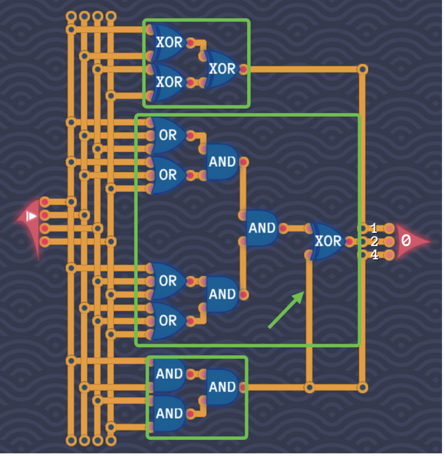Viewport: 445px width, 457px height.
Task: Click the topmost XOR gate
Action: pos(168,42)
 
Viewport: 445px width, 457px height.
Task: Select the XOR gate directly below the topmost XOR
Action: pos(168,81)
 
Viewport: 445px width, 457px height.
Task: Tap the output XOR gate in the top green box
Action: pos(221,69)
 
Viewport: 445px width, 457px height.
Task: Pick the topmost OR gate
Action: pos(168,136)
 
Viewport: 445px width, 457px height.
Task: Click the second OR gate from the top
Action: pos(168,175)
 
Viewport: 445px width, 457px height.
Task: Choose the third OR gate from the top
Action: pos(168,281)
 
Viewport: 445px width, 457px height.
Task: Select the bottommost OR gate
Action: pos(168,320)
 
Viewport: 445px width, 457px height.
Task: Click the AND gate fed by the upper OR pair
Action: pos(222,161)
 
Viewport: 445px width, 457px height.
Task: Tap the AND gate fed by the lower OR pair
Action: pos(222,294)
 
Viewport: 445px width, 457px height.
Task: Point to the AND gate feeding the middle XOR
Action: pos(261,228)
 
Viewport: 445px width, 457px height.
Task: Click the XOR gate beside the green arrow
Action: pos(327,241)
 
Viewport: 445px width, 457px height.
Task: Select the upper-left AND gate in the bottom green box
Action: pos(168,373)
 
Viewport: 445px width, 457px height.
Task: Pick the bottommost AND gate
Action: pos(168,412)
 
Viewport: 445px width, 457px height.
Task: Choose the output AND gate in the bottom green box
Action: pos(222,387)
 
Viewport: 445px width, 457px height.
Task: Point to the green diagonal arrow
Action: pos(286,309)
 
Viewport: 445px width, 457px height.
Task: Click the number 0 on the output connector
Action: pos(406,240)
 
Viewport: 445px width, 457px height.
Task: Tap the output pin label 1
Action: pos(374,228)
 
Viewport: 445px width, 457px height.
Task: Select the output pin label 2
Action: pos(374,241)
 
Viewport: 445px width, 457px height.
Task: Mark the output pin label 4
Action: pos(374,255)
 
